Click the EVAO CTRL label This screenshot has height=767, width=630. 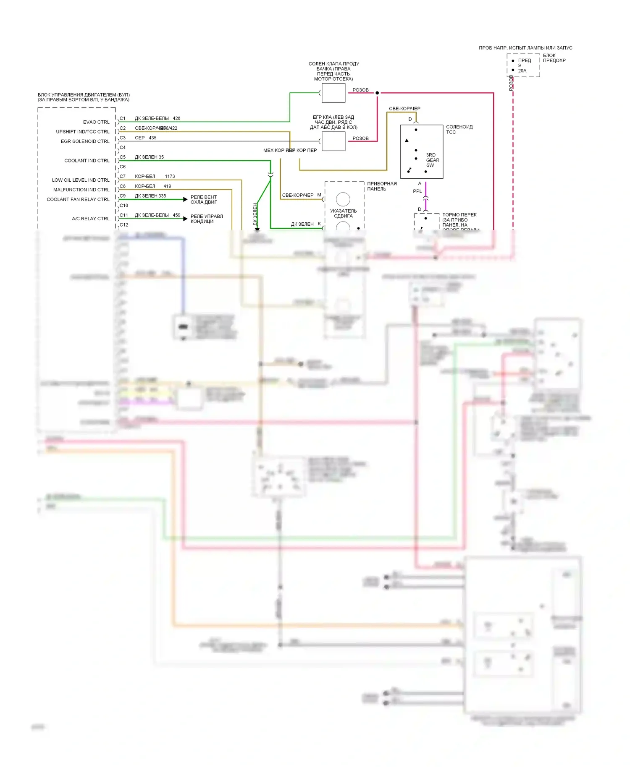(96, 122)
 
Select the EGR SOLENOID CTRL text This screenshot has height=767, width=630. (85, 141)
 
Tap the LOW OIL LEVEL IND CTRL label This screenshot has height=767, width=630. (81, 180)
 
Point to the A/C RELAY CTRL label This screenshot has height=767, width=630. (91, 219)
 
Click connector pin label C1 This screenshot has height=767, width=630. (123, 118)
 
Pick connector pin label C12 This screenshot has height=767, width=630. (124, 225)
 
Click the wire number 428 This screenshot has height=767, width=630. (176, 118)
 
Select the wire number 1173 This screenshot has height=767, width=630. (170, 176)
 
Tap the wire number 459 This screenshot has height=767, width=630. (176, 215)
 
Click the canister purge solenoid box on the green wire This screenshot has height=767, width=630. (333, 93)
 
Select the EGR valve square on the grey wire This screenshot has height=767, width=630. (333, 141)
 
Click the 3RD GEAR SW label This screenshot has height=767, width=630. (432, 160)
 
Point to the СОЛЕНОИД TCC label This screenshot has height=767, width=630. (459, 129)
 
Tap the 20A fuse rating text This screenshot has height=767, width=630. (522, 71)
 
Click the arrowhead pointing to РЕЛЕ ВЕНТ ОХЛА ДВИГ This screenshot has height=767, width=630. (185, 199)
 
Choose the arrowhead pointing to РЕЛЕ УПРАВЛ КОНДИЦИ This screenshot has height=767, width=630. (185, 219)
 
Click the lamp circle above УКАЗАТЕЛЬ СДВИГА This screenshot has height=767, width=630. (343, 199)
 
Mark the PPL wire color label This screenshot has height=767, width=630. (417, 191)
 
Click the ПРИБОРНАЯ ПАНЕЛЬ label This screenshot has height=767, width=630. (381, 186)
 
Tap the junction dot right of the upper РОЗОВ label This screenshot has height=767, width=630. (377, 93)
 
